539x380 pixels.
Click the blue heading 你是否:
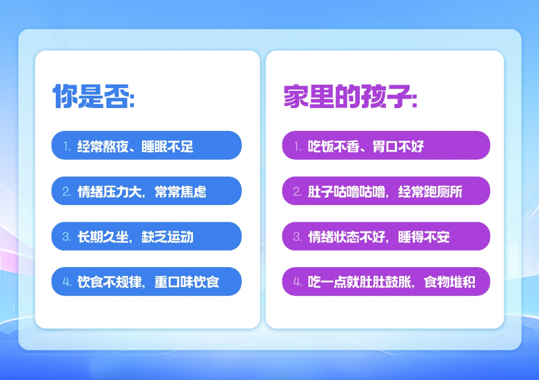pyautogui.click(x=94, y=96)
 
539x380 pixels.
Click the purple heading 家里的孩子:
pyautogui.click(x=350, y=96)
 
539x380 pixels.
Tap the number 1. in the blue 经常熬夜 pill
pyautogui.click(x=67, y=147)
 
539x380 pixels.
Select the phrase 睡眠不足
pyautogui.click(x=167, y=147)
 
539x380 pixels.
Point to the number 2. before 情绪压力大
pyautogui.click(x=67, y=192)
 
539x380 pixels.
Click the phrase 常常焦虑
pyautogui.click(x=181, y=191)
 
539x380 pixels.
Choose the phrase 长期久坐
pyautogui.click(x=103, y=237)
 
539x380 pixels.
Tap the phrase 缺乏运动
pyautogui.click(x=167, y=237)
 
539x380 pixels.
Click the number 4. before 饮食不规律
pyautogui.click(x=67, y=282)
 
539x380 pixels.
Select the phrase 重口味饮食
pyautogui.click(x=187, y=282)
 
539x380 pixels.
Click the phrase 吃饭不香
pyautogui.click(x=334, y=147)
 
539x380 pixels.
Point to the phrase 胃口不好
pyautogui.click(x=398, y=147)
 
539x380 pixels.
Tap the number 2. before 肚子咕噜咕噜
pyautogui.click(x=297, y=192)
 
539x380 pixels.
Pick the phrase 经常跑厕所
pyautogui.click(x=430, y=191)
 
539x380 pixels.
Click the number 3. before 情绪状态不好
pyautogui.click(x=297, y=237)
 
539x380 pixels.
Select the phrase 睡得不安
pyautogui.click(x=424, y=237)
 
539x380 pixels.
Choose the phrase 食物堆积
pyautogui.click(x=449, y=282)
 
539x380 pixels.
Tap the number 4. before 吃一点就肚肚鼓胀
pyautogui.click(x=298, y=282)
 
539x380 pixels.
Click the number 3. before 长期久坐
pyautogui.click(x=67, y=237)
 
